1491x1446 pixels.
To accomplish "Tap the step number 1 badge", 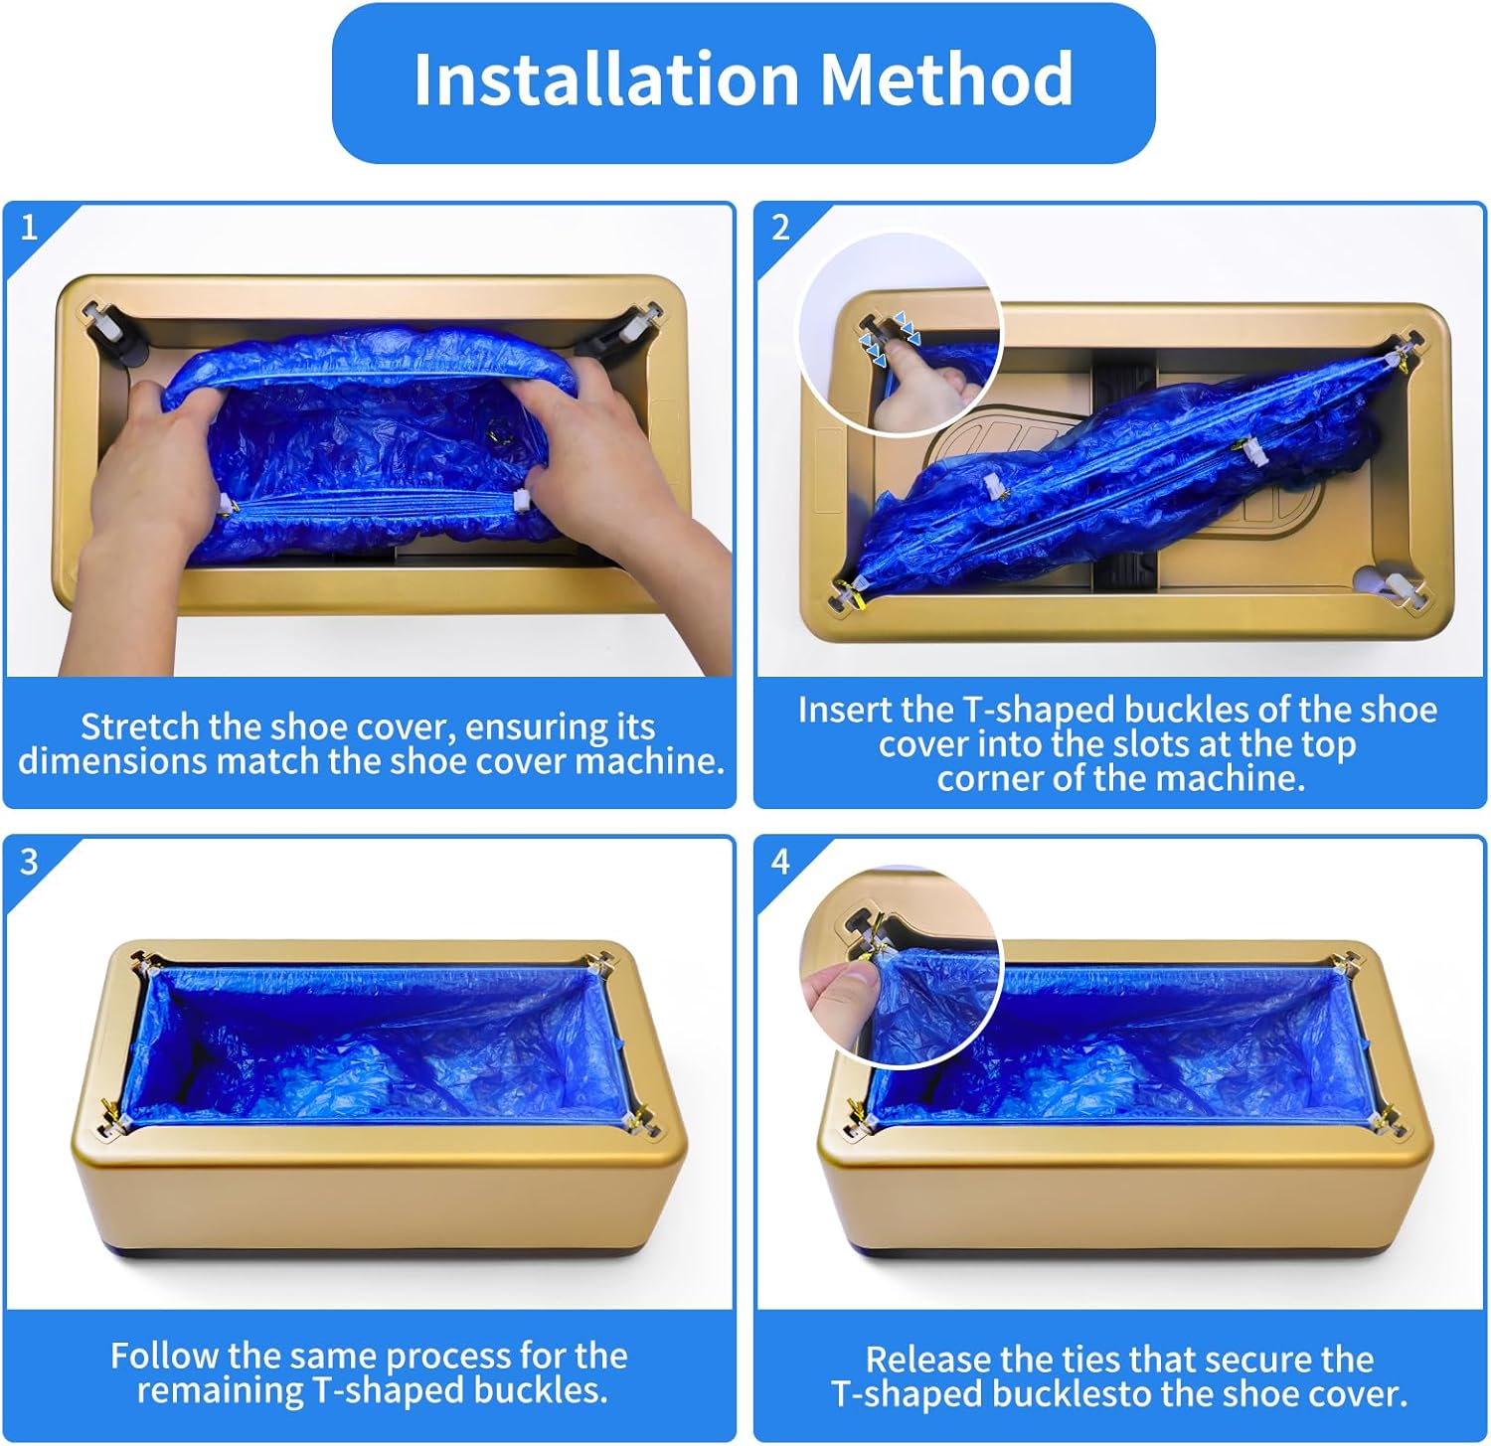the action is [x=29, y=228].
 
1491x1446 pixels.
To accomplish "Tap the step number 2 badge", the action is [x=780, y=228].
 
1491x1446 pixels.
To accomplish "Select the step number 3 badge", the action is [x=29, y=861].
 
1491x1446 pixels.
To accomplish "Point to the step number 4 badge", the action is [x=780, y=861].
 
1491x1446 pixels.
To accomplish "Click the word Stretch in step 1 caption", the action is [x=140, y=726].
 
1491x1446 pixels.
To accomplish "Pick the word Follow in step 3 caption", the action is [x=164, y=1356].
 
